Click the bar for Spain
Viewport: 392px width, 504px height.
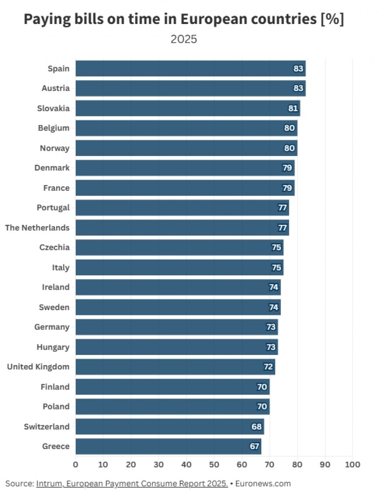pos(190,68)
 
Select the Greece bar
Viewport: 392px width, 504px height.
pos(169,446)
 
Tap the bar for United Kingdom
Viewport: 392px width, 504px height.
pos(176,367)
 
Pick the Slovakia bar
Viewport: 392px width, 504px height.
pos(188,108)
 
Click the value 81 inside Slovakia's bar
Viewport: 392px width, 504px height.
pos(293,108)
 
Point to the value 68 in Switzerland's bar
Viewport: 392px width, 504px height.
pos(257,426)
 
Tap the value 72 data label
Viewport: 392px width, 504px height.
pos(268,367)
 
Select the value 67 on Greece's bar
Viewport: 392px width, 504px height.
pos(254,446)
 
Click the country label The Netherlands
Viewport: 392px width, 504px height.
pos(37,227)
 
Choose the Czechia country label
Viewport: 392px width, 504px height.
pos(54,247)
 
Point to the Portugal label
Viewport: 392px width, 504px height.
pos(53,208)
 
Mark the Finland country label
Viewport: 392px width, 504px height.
pos(55,387)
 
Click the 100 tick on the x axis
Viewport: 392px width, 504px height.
pos(352,464)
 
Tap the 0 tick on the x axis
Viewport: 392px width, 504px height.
pos(75,464)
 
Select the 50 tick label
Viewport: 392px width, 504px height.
pos(214,464)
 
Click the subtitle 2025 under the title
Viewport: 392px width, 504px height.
pos(183,39)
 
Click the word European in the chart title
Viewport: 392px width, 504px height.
pos(214,19)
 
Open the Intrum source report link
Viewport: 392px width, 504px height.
pos(132,484)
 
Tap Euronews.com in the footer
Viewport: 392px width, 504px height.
pos(263,484)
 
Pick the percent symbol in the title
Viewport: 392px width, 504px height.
pos(332,19)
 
